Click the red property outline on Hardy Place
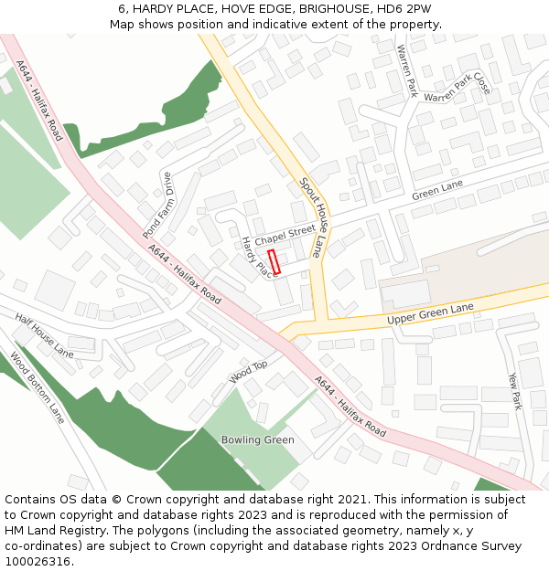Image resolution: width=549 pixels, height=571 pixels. coord(274,261)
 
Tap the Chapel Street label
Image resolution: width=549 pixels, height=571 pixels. coord(285,235)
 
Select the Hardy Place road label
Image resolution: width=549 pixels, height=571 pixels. coord(257,257)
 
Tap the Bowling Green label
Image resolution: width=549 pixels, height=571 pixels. coord(258,440)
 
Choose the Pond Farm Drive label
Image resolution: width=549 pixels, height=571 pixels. coord(157,205)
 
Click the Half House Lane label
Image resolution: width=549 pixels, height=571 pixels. coord(44,333)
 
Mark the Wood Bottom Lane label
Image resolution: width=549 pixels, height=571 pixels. coord(38,387)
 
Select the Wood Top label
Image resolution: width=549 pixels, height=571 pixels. coord(248,371)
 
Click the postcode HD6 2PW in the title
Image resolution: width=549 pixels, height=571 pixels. coord(407,9)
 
